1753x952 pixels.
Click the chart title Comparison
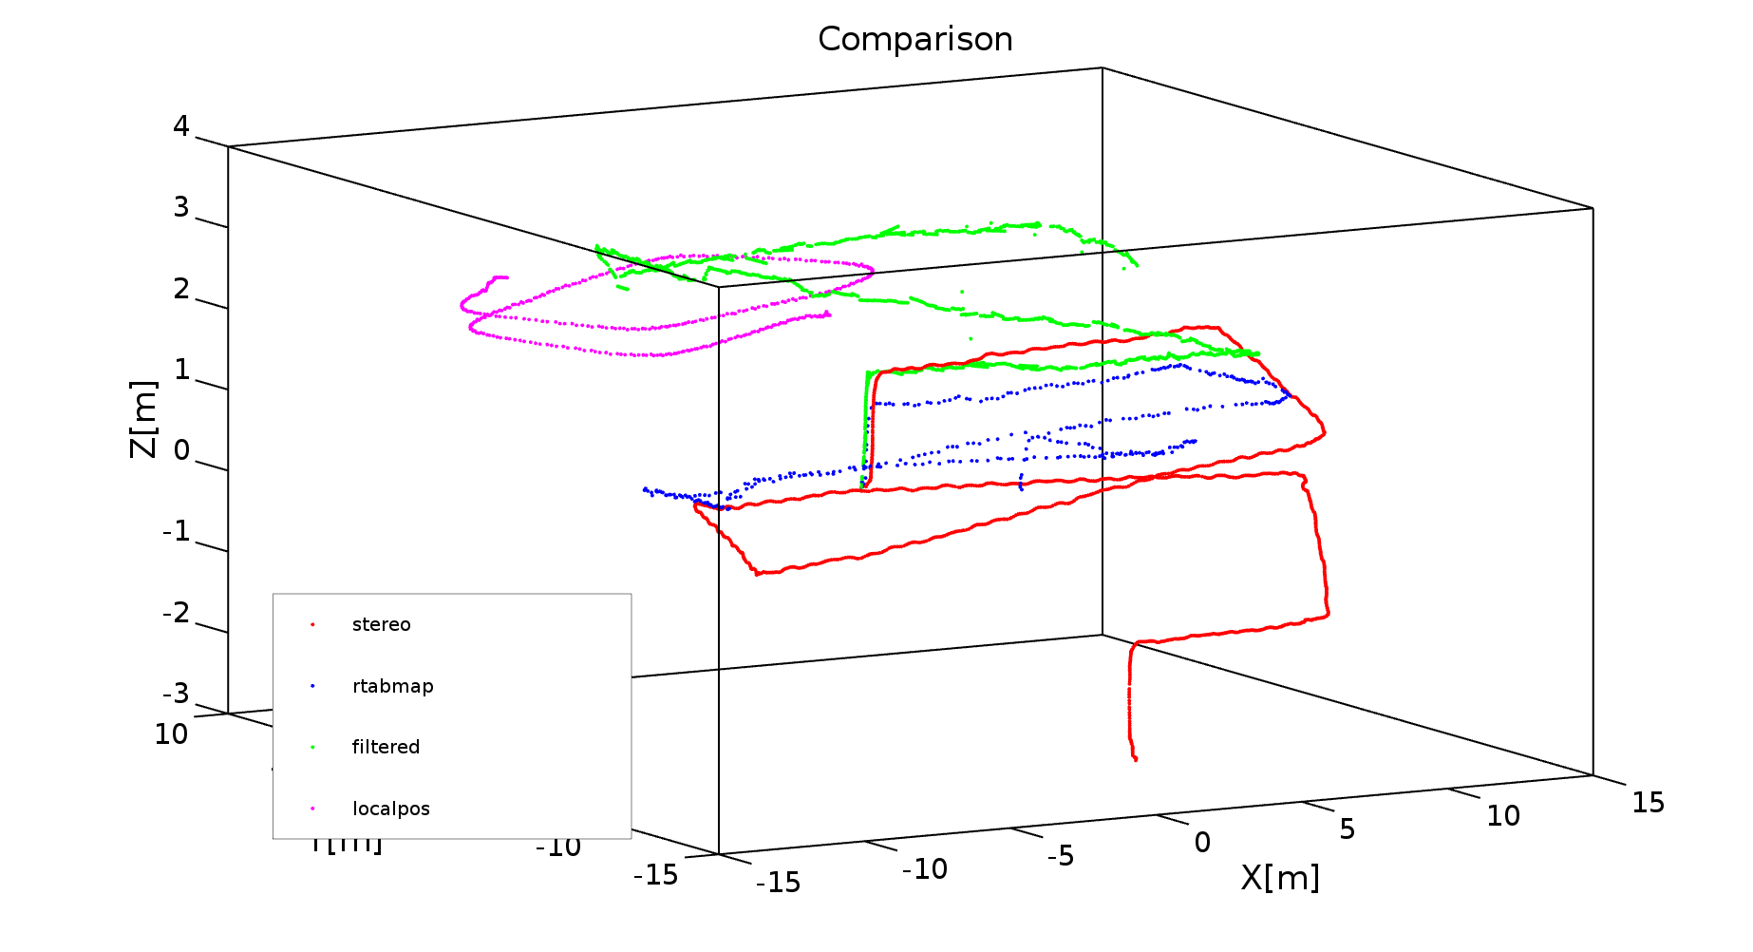(x=914, y=40)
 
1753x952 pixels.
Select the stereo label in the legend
(x=381, y=625)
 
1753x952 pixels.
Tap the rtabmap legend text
(x=392, y=686)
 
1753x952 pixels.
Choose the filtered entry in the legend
(x=386, y=747)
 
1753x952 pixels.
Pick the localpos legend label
(x=390, y=809)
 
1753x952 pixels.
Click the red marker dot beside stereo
(x=312, y=625)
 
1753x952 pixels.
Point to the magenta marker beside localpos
(x=312, y=809)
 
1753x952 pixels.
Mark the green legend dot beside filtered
(x=312, y=747)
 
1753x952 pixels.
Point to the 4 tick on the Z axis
(x=180, y=126)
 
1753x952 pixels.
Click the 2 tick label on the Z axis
(x=180, y=289)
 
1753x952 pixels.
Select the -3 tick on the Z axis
(x=176, y=694)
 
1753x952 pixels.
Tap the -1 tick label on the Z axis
(x=176, y=531)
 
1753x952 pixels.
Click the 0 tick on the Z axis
(x=180, y=450)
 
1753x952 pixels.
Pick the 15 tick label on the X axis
(x=1648, y=803)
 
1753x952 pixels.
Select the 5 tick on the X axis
(x=1347, y=829)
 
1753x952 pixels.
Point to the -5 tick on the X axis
(x=1060, y=856)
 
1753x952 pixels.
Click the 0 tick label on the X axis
(x=1202, y=843)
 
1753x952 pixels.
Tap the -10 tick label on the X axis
(x=924, y=869)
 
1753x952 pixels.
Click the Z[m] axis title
(x=142, y=419)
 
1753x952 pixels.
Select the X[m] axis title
(x=1280, y=878)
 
